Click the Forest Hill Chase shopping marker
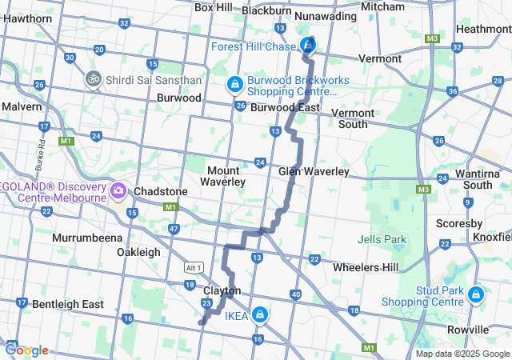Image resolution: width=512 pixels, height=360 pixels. coord(307,45)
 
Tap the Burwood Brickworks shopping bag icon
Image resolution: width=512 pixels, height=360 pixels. coord(234,83)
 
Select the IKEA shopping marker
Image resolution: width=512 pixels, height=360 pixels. coord(259,314)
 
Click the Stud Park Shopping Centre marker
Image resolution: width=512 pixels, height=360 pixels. coord(476,295)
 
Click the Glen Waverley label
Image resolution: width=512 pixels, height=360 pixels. coord(314,172)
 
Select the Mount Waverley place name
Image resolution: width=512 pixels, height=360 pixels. coord(226,176)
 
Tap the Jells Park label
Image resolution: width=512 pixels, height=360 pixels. coord(382,239)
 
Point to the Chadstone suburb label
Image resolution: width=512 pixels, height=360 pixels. coord(161,192)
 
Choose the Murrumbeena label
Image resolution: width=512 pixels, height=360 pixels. coord(86,238)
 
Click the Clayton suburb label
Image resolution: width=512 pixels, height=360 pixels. coord(222,290)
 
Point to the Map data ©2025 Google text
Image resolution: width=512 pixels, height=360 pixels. coord(462,354)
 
